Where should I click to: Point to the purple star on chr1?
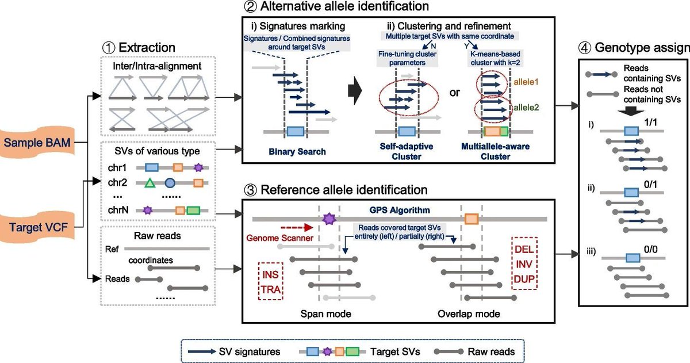tap(199, 167)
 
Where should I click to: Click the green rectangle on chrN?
tap(194, 211)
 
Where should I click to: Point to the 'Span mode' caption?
tap(325, 314)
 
